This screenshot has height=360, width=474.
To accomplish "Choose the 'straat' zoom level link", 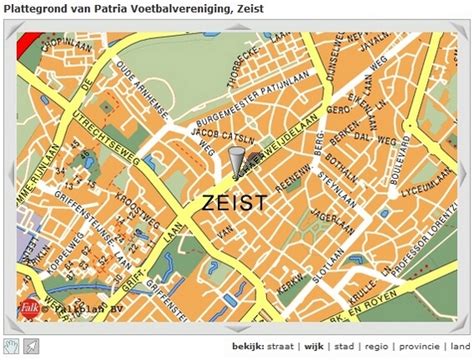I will coord(283,347).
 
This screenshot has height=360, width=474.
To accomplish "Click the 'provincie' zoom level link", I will coord(420,347).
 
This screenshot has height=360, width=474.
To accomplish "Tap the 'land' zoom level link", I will coord(460,347).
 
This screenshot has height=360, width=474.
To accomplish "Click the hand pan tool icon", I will coord(10,346).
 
